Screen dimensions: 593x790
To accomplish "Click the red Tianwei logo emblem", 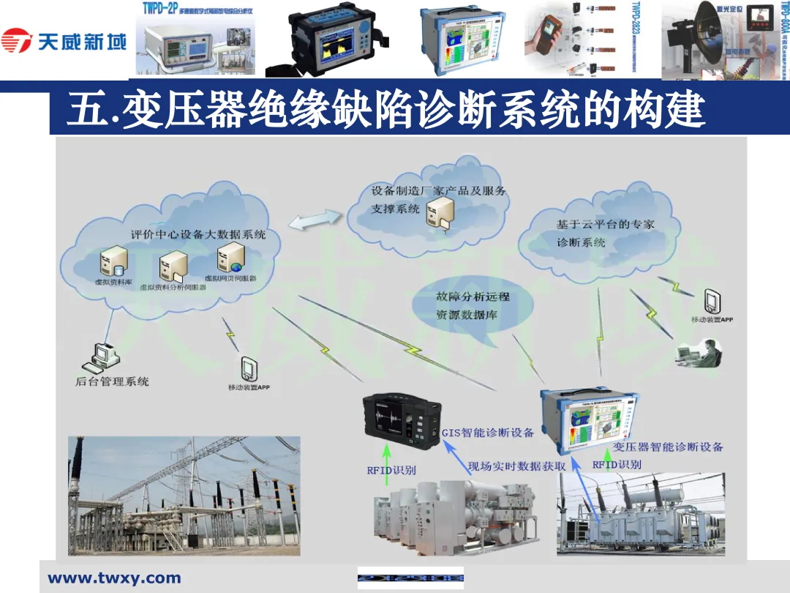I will pos(17,40).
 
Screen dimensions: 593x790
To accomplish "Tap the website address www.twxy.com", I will pos(114,578).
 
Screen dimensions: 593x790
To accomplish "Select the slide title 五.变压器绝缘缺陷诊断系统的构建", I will pos(385,111).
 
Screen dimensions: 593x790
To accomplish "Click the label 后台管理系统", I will pos(112,381).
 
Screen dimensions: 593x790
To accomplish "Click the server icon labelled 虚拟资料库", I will pos(114,260).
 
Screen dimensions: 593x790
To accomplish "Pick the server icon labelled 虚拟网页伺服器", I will pos(230,256).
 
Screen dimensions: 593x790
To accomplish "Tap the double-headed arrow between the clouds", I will pos(316,217).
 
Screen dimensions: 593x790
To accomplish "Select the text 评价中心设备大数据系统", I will pos(198,235).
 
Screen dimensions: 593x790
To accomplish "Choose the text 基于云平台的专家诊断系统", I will pos(605,233).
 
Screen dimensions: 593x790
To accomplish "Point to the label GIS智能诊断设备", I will pos(488,433).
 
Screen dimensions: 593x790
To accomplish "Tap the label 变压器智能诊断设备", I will pos(668,447).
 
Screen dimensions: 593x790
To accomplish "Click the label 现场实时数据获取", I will pos(516,466).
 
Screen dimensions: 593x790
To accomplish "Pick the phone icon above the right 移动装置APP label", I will pos(711,301).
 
